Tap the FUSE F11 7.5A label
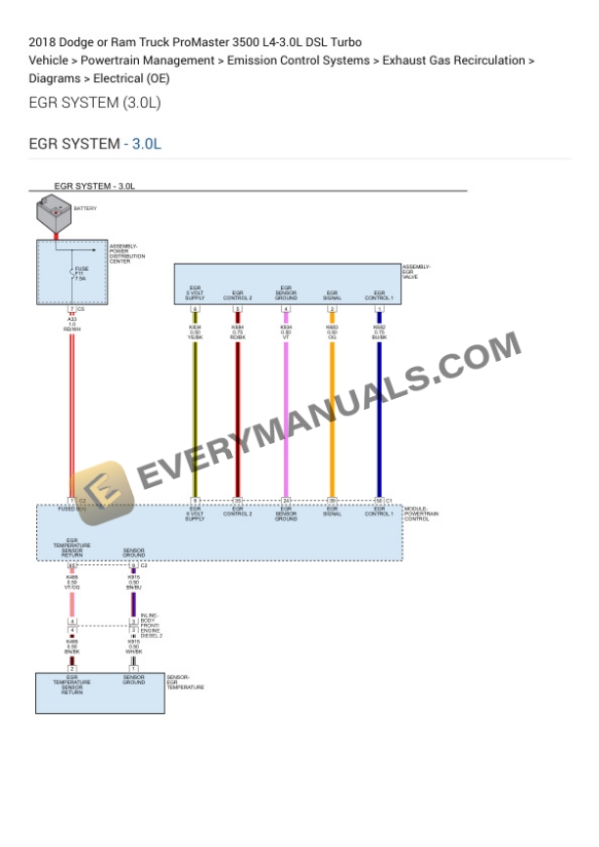[81, 273]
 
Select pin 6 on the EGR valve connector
[195, 309]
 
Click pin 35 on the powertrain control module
[237, 500]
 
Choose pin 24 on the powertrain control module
[286, 500]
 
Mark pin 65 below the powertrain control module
[71, 566]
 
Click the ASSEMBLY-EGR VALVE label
[416, 272]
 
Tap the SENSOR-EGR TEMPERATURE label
[185, 683]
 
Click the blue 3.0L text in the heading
[146, 145]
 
